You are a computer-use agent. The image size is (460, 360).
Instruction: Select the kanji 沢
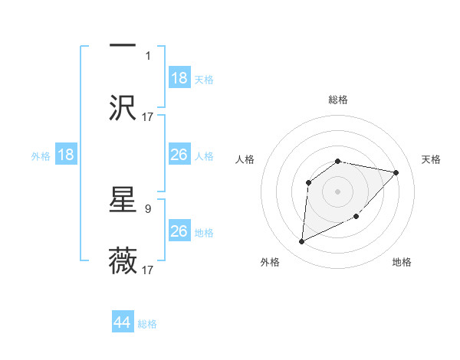coord(123,106)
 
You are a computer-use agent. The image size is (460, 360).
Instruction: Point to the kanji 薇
coord(123,260)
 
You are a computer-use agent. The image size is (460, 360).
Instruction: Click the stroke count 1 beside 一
coord(148,55)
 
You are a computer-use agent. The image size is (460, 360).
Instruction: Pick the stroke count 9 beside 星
coord(148,208)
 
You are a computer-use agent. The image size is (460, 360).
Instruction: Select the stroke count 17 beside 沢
coord(148,116)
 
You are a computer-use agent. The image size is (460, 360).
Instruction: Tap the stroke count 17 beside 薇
coord(148,270)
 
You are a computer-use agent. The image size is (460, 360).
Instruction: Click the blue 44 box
coord(123,322)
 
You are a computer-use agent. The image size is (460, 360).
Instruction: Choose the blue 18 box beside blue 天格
coord(179,78)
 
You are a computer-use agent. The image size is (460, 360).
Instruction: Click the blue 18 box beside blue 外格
coord(66,155)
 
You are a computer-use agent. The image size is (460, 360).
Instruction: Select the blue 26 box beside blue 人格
coord(179,155)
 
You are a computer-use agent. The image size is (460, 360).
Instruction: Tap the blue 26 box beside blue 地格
coord(179,231)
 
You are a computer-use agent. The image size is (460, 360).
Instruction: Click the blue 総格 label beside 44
coord(147,324)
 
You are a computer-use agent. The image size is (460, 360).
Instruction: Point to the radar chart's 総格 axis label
coord(338,100)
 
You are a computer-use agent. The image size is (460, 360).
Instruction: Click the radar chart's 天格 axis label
coord(431,159)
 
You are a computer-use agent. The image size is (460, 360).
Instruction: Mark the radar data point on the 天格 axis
coord(396,172)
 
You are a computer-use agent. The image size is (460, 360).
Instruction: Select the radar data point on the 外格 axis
coord(301,242)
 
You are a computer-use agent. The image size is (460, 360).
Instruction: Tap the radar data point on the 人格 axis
coord(309,182)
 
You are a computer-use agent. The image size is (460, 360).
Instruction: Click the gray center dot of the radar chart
coord(338,191)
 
